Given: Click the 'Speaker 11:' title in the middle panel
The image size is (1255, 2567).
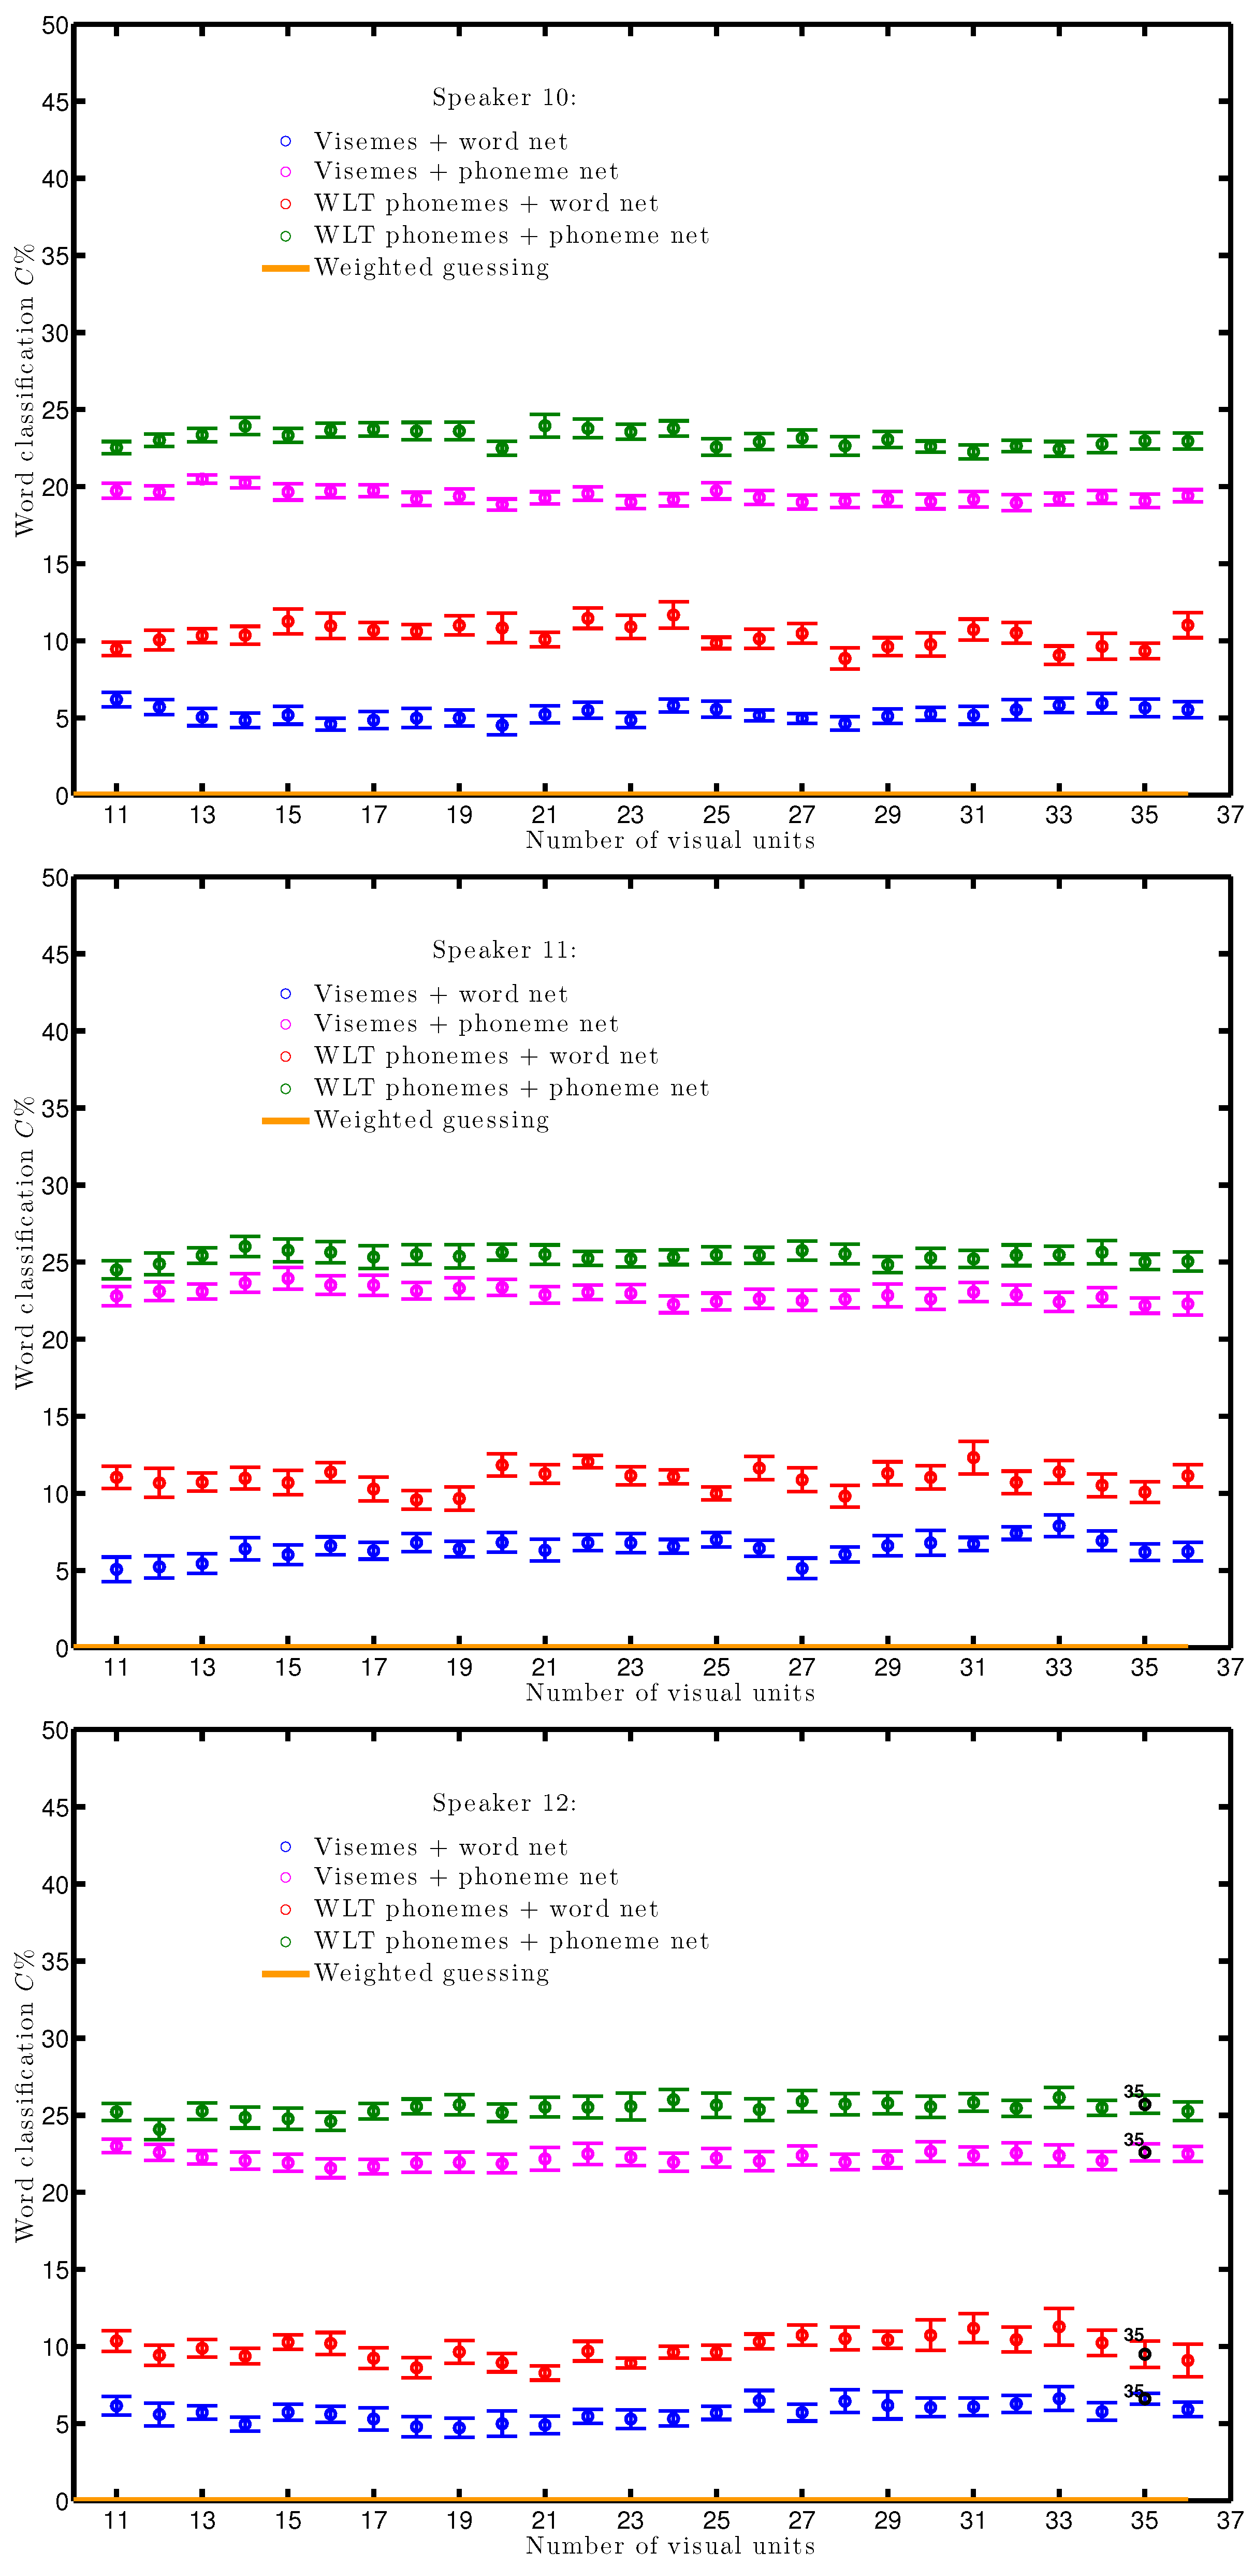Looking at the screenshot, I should click(x=503, y=950).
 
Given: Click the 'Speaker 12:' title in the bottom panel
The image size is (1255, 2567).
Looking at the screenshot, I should click(x=503, y=1802).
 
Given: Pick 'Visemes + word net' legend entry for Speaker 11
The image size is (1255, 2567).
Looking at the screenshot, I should click(x=440, y=993).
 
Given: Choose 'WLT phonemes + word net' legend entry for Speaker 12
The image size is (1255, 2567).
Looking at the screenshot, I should click(x=486, y=1909).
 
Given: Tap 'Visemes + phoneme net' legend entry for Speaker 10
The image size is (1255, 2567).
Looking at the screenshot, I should click(x=465, y=171).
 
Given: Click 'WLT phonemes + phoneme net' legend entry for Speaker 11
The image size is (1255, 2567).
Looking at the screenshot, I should click(x=510, y=1087).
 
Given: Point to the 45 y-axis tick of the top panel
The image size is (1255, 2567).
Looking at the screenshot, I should click(x=55, y=102).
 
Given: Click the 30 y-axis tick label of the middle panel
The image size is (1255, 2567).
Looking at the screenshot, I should click(x=55, y=1186).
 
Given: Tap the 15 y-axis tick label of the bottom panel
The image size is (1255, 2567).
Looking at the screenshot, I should click(x=55, y=2270).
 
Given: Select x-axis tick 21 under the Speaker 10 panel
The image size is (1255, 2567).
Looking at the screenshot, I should click(x=544, y=815).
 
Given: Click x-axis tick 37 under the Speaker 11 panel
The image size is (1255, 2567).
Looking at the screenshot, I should click(x=1229, y=1667).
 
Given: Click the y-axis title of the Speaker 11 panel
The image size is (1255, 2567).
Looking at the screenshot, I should click(x=24, y=1243).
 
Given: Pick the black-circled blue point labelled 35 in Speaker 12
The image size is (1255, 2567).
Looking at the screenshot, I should click(x=1144, y=2399).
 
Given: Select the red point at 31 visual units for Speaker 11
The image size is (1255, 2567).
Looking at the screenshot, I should click(x=973, y=1457).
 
